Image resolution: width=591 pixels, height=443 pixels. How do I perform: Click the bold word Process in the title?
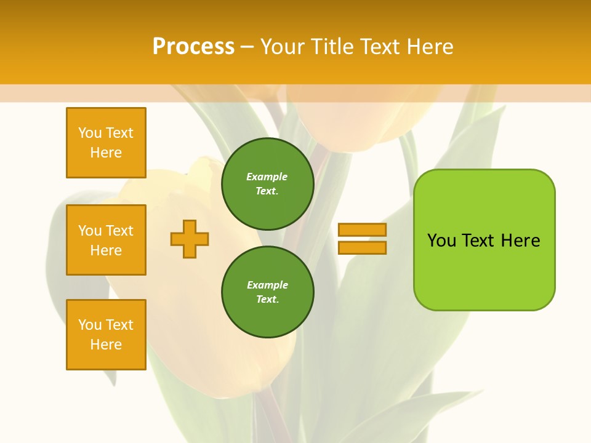[x=193, y=46]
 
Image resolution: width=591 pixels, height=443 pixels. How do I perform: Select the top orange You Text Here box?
[x=106, y=143]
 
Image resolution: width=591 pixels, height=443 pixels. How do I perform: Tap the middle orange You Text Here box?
[x=106, y=240]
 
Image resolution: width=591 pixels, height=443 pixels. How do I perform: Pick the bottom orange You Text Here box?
[x=106, y=335]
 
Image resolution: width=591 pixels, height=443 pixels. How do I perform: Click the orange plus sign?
[x=190, y=239]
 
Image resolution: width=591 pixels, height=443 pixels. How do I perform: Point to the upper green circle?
[x=267, y=184]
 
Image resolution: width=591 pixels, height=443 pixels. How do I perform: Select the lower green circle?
[x=267, y=292]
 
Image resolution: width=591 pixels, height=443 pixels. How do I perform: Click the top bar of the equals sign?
[x=362, y=230]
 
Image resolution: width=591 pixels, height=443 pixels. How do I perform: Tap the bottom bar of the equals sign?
[x=362, y=247]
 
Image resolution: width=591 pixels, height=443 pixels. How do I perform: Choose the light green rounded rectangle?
[x=484, y=240]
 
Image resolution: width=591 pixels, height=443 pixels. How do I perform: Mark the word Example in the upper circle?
[x=267, y=177]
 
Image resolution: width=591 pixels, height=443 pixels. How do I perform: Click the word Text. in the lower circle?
[x=267, y=300]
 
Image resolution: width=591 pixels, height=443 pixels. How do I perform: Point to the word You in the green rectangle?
[x=441, y=241]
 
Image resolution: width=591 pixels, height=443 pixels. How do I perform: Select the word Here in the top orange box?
[x=106, y=153]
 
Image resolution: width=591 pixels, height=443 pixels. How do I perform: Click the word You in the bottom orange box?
[x=90, y=325]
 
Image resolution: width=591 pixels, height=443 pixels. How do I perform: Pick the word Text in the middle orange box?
[x=119, y=231]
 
